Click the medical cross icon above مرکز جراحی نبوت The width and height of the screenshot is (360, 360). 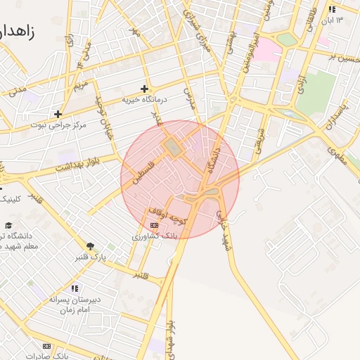pyautogui.click(x=58, y=114)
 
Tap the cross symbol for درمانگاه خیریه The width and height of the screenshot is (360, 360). pyautogui.click(x=144, y=89)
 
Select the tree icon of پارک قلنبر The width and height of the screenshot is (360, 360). pyautogui.click(x=90, y=246)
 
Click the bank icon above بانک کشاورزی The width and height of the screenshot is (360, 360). pyautogui.click(x=154, y=225)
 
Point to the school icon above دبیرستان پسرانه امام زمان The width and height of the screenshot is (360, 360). pyautogui.click(x=75, y=288)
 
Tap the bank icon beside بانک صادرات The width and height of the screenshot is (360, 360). pyautogui.click(x=47, y=346)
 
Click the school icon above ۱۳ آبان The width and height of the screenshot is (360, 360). pyautogui.click(x=331, y=9)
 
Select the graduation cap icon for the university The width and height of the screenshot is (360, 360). pyautogui.click(x=8, y=225)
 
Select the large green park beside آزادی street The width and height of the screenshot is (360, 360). pyautogui.click(x=316, y=92)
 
